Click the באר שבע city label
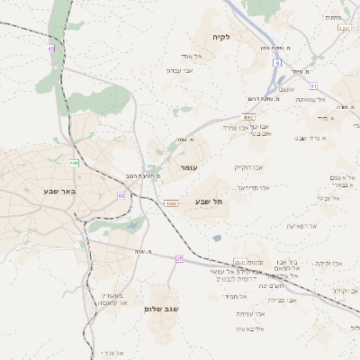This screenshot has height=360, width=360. tap(57, 191)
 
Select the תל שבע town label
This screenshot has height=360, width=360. tap(208, 202)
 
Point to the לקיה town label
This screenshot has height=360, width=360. tap(222, 37)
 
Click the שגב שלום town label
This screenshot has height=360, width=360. tap(161, 309)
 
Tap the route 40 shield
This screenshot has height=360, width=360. tap(51, 49)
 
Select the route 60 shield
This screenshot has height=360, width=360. tap(121, 195)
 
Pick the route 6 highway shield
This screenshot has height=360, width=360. tap(278, 62)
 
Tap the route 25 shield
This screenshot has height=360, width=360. tap(179, 258)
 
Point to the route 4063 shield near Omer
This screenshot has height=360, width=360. tap(249, 117)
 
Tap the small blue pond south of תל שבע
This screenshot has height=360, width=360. tap(217, 238)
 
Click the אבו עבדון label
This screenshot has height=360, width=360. tap(181, 69)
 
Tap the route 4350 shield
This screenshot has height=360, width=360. tap(171, 204)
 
